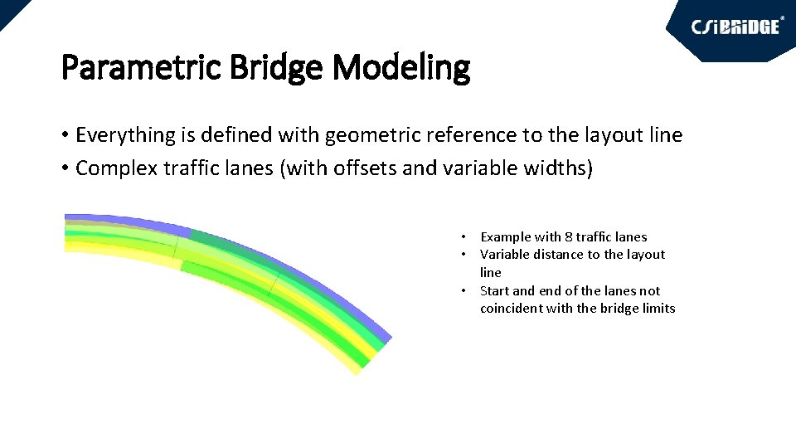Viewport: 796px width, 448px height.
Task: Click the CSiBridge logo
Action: coord(736,27)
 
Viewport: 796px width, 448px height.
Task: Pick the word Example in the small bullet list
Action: coord(505,237)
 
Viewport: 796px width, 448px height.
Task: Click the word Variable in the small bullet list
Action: coord(505,255)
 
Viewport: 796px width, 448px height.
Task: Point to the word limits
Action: coord(658,309)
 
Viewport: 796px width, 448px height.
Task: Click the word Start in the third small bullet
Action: coord(494,290)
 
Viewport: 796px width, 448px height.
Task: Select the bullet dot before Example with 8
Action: coord(467,237)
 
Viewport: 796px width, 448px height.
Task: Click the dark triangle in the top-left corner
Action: coord(10,8)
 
